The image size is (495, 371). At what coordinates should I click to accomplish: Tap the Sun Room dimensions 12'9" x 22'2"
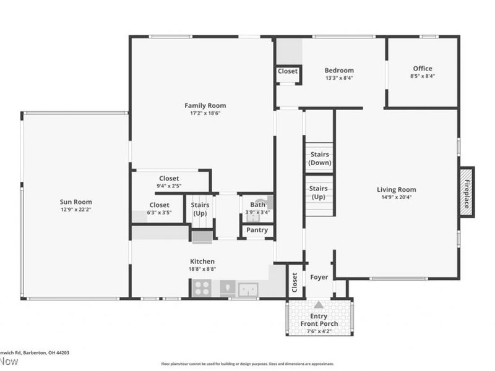(x=76, y=210)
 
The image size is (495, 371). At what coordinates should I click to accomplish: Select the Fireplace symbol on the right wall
(x=467, y=192)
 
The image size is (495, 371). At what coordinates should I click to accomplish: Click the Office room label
(x=423, y=69)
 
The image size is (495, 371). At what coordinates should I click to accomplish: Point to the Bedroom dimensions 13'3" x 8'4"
(x=340, y=78)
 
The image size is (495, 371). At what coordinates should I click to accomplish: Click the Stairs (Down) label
(x=319, y=158)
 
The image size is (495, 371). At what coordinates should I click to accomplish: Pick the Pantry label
(x=257, y=230)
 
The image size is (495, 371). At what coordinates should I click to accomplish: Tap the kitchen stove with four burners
(x=202, y=288)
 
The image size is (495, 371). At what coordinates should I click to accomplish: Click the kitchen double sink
(x=248, y=288)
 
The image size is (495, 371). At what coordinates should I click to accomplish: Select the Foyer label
(x=319, y=277)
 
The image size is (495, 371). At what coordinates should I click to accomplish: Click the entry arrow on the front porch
(x=319, y=304)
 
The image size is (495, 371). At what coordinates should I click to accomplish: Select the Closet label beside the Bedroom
(x=287, y=71)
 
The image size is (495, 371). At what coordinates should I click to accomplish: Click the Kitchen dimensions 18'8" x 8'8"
(x=202, y=269)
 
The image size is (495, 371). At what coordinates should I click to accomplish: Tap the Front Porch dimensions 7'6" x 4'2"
(x=318, y=331)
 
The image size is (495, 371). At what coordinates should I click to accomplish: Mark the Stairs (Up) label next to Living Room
(x=318, y=192)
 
